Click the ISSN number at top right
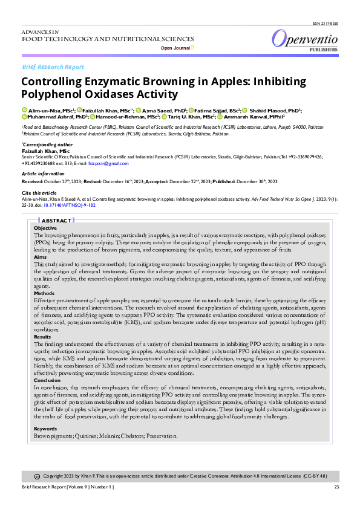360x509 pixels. click(x=326, y=23)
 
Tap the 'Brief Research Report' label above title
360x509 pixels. click(x=53, y=66)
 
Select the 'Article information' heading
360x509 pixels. click(x=44, y=173)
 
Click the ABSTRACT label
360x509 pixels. click(x=57, y=221)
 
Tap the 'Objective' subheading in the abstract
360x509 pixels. click(x=45, y=228)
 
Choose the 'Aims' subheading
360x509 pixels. click(x=40, y=257)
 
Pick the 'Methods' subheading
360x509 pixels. click(x=44, y=293)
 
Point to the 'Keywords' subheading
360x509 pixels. click(x=46, y=429)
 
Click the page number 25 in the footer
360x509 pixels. click(x=336, y=487)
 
